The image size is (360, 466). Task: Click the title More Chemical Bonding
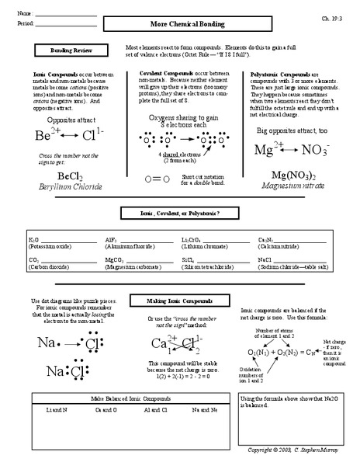click(179, 26)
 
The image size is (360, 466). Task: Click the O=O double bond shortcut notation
click(157, 179)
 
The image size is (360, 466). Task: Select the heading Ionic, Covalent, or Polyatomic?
click(179, 213)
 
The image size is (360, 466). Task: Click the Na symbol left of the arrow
click(48, 343)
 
